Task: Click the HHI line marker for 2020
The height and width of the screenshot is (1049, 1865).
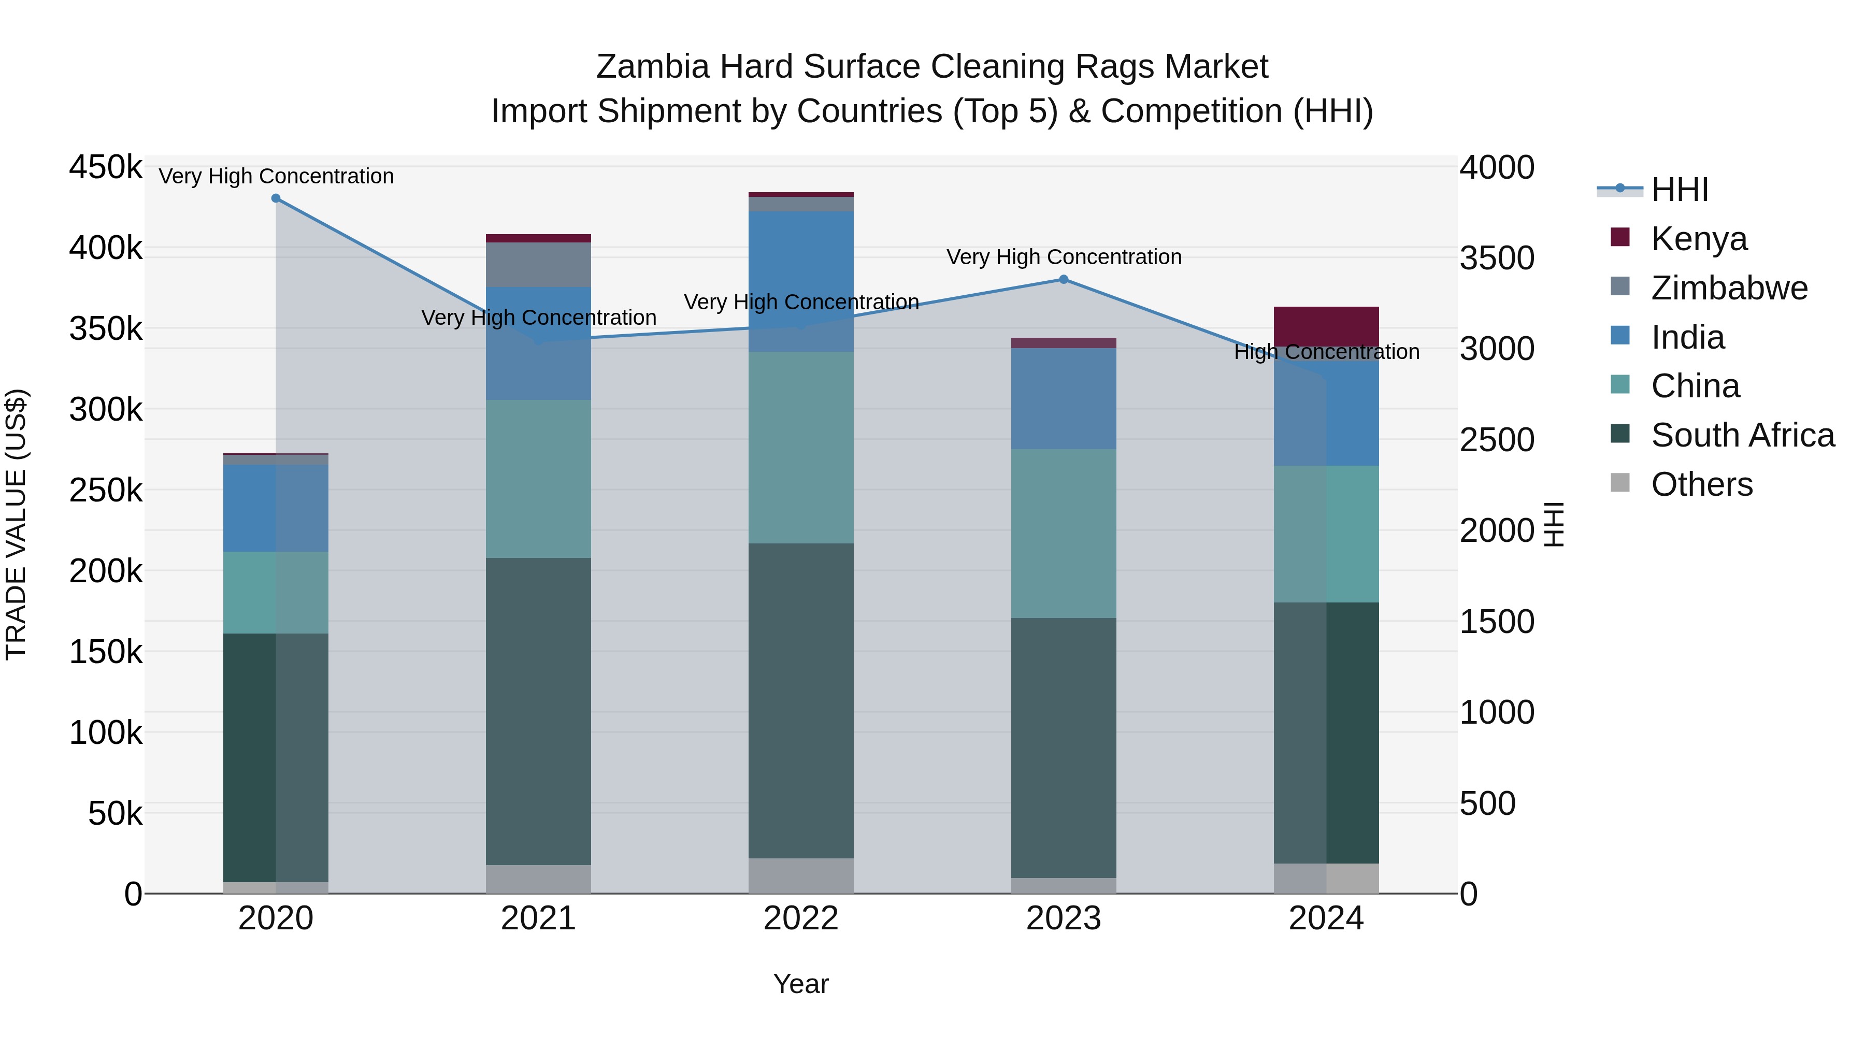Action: [x=276, y=198]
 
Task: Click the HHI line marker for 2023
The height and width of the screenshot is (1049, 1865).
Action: [x=1064, y=279]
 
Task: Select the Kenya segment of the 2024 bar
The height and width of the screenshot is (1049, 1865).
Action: [x=1326, y=326]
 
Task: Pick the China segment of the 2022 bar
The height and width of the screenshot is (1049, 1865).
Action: [x=801, y=448]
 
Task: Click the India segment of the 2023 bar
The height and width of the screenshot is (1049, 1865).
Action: [x=1064, y=398]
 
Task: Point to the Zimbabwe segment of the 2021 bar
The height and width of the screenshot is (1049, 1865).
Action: [x=538, y=264]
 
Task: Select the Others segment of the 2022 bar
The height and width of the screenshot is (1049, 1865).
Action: [x=801, y=875]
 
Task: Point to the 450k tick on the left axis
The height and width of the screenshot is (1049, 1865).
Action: [x=106, y=167]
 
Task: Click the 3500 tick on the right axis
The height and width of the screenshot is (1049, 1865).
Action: [x=1497, y=258]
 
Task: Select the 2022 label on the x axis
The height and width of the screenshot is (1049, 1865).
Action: [x=801, y=918]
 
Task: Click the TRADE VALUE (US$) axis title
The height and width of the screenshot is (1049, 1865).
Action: [x=16, y=524]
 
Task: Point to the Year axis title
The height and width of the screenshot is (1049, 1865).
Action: [x=801, y=984]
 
